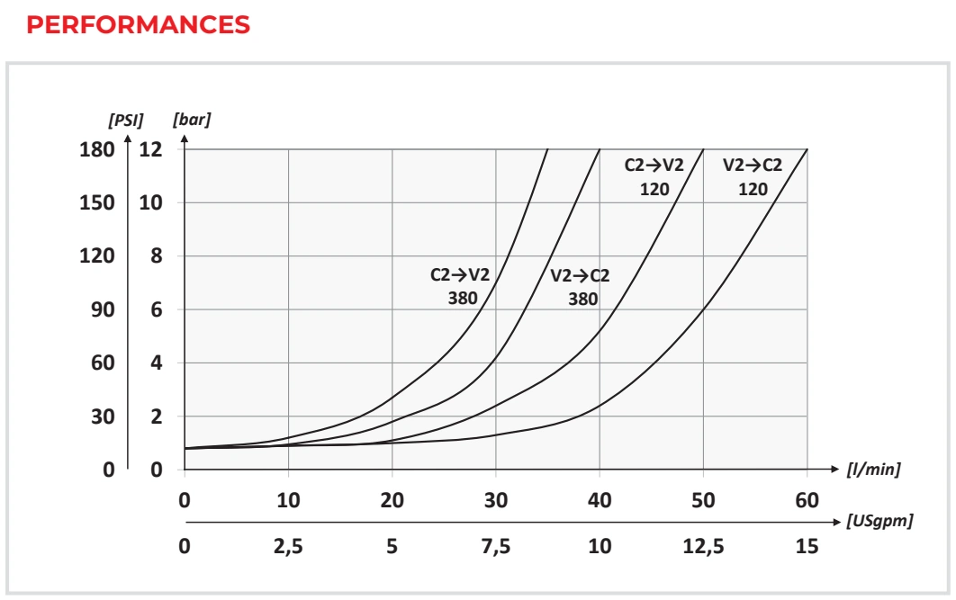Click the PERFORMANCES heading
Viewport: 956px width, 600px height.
pos(139,25)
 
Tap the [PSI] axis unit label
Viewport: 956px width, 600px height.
pos(126,120)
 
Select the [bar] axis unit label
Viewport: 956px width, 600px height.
pos(192,120)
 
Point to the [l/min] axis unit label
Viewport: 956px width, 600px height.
pos(873,469)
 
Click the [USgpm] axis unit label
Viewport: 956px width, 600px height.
pos(879,522)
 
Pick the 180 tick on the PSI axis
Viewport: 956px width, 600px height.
pos(97,149)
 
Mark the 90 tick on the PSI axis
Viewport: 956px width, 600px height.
pos(103,309)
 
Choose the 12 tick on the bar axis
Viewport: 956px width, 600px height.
pos(150,149)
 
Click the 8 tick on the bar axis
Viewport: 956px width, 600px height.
pos(157,255)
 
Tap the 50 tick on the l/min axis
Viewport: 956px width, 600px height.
pos(703,500)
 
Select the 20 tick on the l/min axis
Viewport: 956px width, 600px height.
pos(392,500)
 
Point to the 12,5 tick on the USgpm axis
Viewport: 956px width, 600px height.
pos(703,546)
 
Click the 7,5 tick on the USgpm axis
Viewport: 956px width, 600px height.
pos(496,546)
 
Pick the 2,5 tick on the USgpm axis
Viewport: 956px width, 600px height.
pos(288,546)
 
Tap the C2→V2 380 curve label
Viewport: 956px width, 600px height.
pos(460,286)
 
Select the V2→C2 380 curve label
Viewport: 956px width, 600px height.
pos(580,287)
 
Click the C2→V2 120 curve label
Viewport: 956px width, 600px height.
pos(654,176)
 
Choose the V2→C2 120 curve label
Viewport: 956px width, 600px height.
pos(753,176)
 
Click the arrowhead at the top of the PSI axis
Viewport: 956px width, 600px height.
pos(128,139)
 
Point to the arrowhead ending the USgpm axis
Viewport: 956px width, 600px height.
pos(836,522)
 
